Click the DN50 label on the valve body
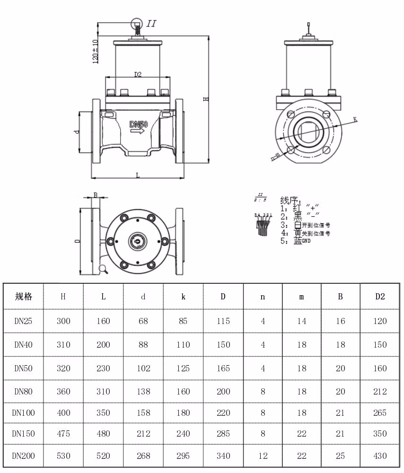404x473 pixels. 139,124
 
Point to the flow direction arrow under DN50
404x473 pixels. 138,132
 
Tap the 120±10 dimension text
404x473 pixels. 96,51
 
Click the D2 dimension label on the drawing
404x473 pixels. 138,74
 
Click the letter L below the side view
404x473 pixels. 138,175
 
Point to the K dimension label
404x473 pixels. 355,120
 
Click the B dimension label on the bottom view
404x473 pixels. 95,195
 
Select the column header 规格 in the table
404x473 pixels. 24,297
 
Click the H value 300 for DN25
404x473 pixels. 63,321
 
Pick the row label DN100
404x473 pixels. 24,413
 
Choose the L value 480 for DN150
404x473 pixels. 103,434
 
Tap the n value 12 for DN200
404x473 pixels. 263,456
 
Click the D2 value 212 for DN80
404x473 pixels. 380,392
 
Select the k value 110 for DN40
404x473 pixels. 183,345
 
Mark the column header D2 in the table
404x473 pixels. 380,297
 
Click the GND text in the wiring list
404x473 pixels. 307,241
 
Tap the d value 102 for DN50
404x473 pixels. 143,368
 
